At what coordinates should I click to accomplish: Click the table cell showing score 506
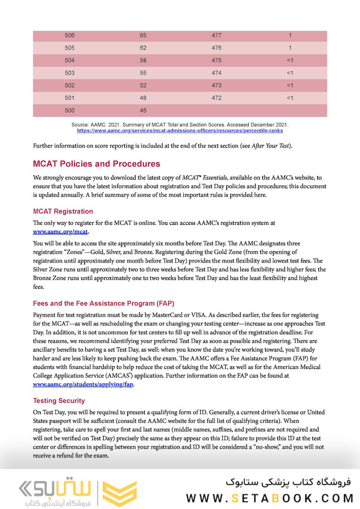[70, 35]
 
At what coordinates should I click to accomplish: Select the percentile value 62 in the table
[143, 48]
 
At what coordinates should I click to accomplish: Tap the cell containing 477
[217, 35]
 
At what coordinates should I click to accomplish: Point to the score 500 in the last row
[70, 111]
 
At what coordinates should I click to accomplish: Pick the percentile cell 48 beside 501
[143, 98]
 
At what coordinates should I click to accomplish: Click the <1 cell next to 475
[290, 60]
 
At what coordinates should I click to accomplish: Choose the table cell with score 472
[217, 98]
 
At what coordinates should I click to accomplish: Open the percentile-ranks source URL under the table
[180, 130]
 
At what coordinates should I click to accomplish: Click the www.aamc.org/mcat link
[60, 231]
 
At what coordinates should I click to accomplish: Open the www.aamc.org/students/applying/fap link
[83, 384]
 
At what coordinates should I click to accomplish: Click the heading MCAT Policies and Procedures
[96, 164]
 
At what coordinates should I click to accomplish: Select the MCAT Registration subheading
[63, 211]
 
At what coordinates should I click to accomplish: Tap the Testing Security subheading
[59, 401]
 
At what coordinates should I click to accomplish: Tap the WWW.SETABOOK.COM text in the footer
[270, 498]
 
